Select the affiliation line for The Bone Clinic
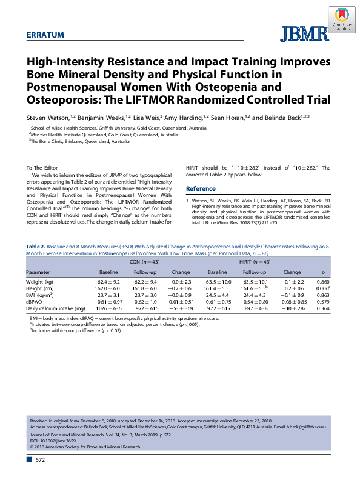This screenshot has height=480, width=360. (x=80, y=141)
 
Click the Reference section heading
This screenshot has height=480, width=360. (x=201, y=188)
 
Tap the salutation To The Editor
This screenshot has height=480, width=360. (x=43, y=167)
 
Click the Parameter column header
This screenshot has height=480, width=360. (x=38, y=273)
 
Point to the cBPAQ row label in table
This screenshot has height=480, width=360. (x=35, y=301)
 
